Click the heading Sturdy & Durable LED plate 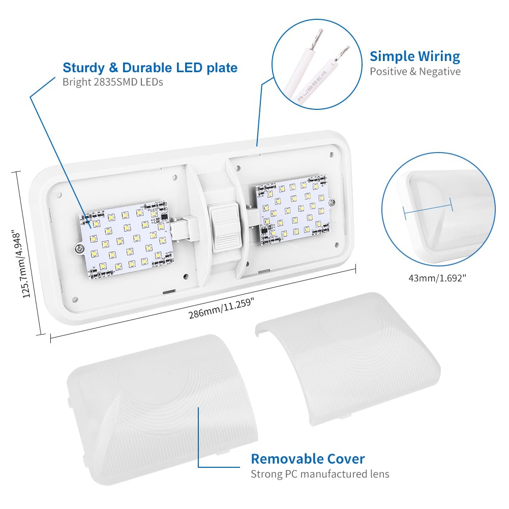click(x=150, y=68)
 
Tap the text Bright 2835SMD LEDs click(x=113, y=81)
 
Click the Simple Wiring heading click(x=414, y=56)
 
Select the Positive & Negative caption click(x=414, y=71)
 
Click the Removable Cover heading click(x=307, y=459)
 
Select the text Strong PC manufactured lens click(x=319, y=474)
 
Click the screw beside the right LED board click(x=332, y=203)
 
